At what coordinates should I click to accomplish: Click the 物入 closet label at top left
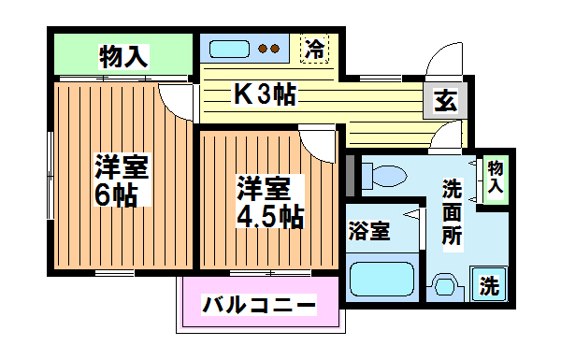pos(123,56)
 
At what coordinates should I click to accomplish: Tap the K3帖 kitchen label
pos(265,94)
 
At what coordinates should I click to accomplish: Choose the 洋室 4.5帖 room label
pos(267,202)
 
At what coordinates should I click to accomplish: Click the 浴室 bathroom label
pos(370,228)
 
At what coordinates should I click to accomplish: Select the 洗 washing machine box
pos(488,286)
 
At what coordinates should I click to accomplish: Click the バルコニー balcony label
pos(258,305)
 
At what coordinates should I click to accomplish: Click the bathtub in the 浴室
pos(381,280)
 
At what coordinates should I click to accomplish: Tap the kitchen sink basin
pos(227,49)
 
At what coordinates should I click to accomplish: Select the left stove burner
pos(263,49)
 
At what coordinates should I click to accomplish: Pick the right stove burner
pos(277,49)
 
